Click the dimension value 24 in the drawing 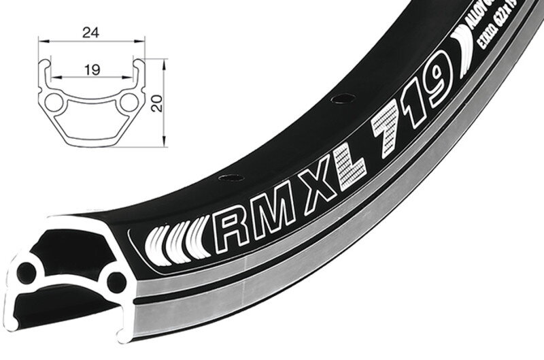(x=91, y=31)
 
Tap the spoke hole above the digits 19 (x=336, y=99)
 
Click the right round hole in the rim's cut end (x=116, y=279)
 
